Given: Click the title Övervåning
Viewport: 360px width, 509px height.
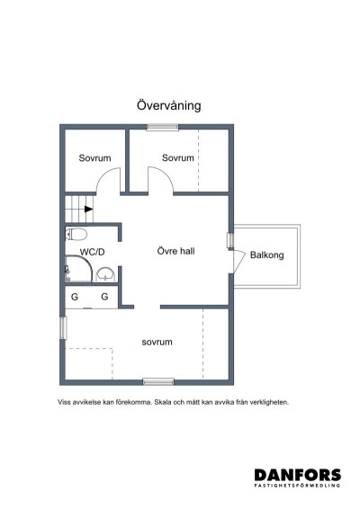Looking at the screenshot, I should point(168,105).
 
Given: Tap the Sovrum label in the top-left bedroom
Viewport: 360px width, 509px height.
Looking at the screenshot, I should point(94,158).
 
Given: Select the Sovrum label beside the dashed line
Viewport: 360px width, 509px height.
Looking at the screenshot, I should point(178,158).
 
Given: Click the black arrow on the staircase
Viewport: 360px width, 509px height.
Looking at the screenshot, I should point(88,209).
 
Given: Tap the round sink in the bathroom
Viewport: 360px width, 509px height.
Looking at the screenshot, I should point(105,273).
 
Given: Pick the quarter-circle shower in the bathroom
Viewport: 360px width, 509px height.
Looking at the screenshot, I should point(74,271).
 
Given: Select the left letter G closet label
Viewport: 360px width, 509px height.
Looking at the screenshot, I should point(75,296).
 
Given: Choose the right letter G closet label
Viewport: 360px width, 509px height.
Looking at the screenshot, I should point(104,296).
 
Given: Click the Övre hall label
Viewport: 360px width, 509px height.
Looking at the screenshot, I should point(175,251).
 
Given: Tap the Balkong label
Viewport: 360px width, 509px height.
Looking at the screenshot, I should point(266,255).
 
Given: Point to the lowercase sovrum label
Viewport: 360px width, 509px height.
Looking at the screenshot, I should point(157,342).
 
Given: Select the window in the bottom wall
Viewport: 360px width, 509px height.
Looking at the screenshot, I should point(158,381).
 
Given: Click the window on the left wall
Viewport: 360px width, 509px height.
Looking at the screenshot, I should point(62,326).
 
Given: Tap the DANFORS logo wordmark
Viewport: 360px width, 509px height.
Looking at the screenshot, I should point(297,474).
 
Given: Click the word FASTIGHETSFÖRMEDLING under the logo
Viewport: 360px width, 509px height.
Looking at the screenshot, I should point(297,486).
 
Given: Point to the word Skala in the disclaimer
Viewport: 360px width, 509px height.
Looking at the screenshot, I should point(165,402).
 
